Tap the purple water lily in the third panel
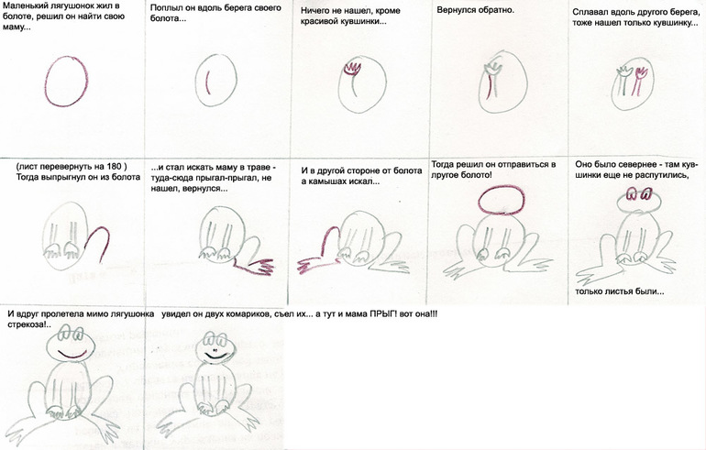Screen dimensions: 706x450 352,69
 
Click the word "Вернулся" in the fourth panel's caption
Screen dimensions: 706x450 456,10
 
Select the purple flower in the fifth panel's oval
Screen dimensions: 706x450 639,81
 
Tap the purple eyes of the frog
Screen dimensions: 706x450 638,195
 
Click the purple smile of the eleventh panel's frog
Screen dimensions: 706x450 72,356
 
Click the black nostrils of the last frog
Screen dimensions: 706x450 214,350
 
